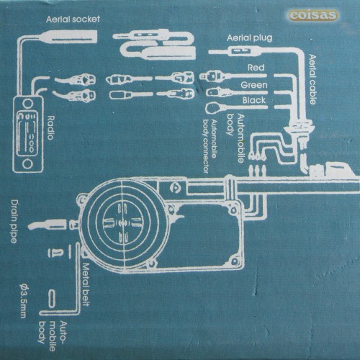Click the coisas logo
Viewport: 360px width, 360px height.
point(313,15)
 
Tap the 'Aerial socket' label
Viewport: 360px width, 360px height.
point(73,19)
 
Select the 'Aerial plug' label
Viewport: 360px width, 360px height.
point(250,38)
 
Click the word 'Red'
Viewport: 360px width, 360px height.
point(256,68)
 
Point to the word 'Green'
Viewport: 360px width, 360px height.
point(254,85)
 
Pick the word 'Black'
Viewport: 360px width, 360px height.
point(254,100)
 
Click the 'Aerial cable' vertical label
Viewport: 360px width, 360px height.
point(312,79)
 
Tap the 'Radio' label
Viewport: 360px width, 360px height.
point(50,127)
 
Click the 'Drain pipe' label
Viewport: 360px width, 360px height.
point(14,222)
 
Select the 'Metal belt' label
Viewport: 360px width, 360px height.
point(86,284)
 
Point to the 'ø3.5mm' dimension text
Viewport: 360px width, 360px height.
point(23,301)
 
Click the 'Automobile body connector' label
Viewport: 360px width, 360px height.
point(210,146)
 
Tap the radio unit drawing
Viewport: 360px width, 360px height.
point(28,134)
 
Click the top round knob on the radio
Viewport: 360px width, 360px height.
point(27,104)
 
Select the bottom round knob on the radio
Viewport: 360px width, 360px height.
point(27,164)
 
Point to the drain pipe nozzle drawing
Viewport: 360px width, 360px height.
point(48,225)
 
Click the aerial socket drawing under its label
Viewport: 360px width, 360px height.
point(70,37)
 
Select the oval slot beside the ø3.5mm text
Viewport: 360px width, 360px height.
point(52,299)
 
